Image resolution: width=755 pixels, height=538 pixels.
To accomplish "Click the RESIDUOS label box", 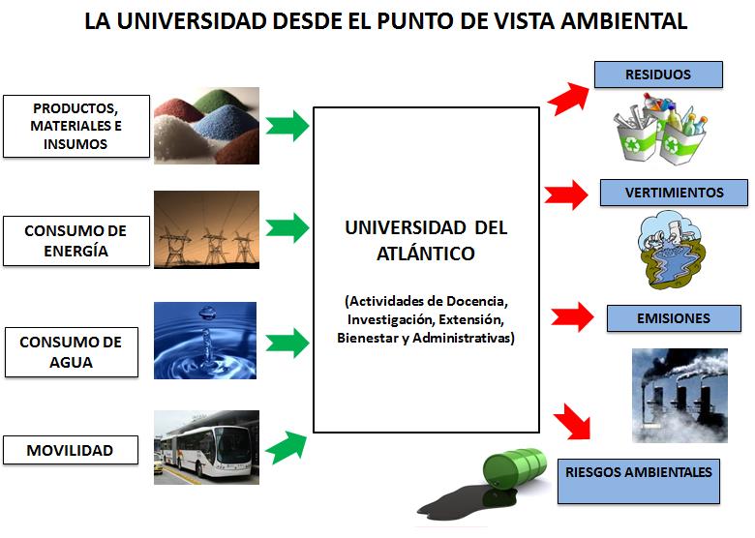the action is pos(658,75).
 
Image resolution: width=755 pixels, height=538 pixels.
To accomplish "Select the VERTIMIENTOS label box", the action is pos(674,193).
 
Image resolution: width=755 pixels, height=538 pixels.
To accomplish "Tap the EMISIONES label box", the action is pos(674,318).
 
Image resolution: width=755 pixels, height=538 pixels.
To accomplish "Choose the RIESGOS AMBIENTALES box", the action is pos(639,481).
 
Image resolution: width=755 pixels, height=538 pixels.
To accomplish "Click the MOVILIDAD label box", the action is pos(71,450).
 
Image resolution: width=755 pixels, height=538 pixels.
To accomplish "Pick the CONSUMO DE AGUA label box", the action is pos(72,352).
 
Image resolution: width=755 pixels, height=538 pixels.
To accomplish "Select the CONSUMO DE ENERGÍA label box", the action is pos(76,241).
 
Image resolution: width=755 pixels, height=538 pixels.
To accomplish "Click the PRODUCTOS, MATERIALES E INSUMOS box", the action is pos(76,126).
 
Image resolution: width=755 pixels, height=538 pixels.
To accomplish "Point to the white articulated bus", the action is pos(203,449).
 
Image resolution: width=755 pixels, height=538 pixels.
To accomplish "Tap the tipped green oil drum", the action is pos(514,469).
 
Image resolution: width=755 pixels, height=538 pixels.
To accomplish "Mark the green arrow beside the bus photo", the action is pos(287,447).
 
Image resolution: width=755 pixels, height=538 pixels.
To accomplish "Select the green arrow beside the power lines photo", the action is pos(287,227).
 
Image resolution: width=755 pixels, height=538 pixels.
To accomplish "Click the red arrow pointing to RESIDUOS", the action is pos(569,98).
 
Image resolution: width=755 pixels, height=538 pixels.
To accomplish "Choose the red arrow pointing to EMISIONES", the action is pos(572,316).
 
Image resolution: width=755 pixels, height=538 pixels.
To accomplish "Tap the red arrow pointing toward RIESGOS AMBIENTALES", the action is pos(573,422).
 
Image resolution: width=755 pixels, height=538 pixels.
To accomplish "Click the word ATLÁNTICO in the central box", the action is pos(426,254).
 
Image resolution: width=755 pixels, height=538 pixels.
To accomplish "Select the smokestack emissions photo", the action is pos(679,395).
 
